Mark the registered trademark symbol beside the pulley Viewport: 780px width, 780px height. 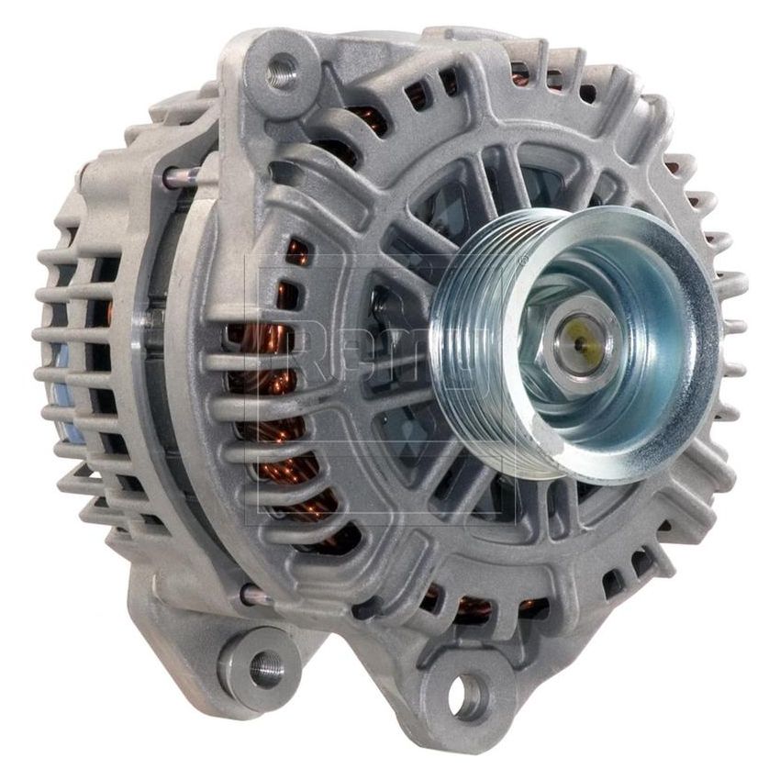click(522, 262)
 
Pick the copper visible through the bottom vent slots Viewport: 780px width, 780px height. click(477, 606)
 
